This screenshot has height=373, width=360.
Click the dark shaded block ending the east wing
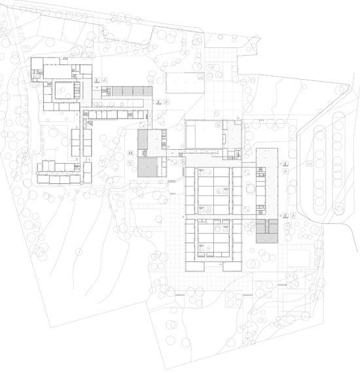(266, 231)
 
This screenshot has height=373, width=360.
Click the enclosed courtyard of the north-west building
(65, 91)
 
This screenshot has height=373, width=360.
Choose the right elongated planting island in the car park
(338, 158)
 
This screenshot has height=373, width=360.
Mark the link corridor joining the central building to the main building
(171, 154)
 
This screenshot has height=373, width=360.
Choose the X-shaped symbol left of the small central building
(131, 153)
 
